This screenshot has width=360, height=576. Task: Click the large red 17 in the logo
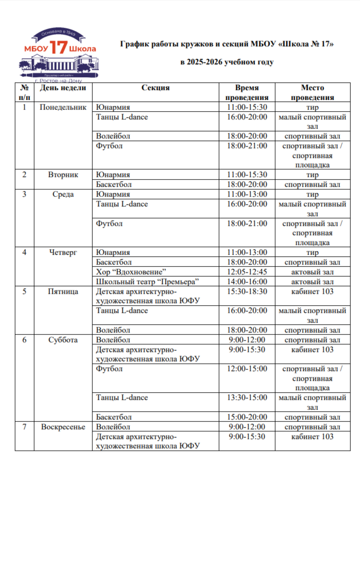tap(59, 48)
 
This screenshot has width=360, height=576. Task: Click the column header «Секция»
tap(156, 88)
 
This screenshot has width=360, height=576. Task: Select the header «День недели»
tap(63, 88)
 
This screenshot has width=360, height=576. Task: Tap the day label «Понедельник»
tap(63, 108)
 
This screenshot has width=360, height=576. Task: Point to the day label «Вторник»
tap(63, 174)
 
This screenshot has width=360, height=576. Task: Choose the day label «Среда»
tap(63, 195)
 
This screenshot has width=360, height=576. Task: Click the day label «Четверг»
tap(63, 253)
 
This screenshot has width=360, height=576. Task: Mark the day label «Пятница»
tap(63, 292)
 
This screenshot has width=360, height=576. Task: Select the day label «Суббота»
tap(63, 340)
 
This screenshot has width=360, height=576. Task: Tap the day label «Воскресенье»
tap(63, 427)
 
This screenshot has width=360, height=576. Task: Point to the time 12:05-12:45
tap(247, 272)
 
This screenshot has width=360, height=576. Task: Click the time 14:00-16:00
tap(247, 282)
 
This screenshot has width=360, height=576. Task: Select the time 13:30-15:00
tap(247, 398)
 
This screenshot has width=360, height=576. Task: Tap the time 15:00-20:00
tap(247, 417)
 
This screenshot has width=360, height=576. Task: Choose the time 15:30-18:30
tap(247, 292)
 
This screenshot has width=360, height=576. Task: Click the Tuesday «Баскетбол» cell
tap(114, 184)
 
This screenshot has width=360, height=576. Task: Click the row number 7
tap(24, 427)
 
